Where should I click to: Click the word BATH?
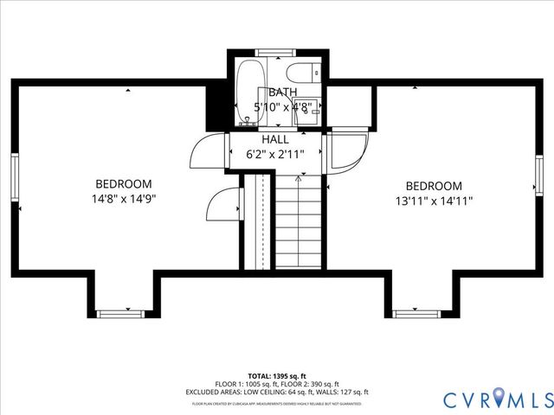pos(282,93)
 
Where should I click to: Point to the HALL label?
pos(275,139)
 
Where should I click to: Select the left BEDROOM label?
pos(124,184)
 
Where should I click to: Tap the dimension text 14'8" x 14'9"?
pos(124,198)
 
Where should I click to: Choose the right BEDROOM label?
pos(434,186)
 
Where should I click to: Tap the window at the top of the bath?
pos(275,54)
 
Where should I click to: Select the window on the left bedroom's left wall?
pos(14,179)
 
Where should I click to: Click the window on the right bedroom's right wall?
pos(538,180)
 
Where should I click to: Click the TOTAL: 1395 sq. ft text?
pos(276,376)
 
